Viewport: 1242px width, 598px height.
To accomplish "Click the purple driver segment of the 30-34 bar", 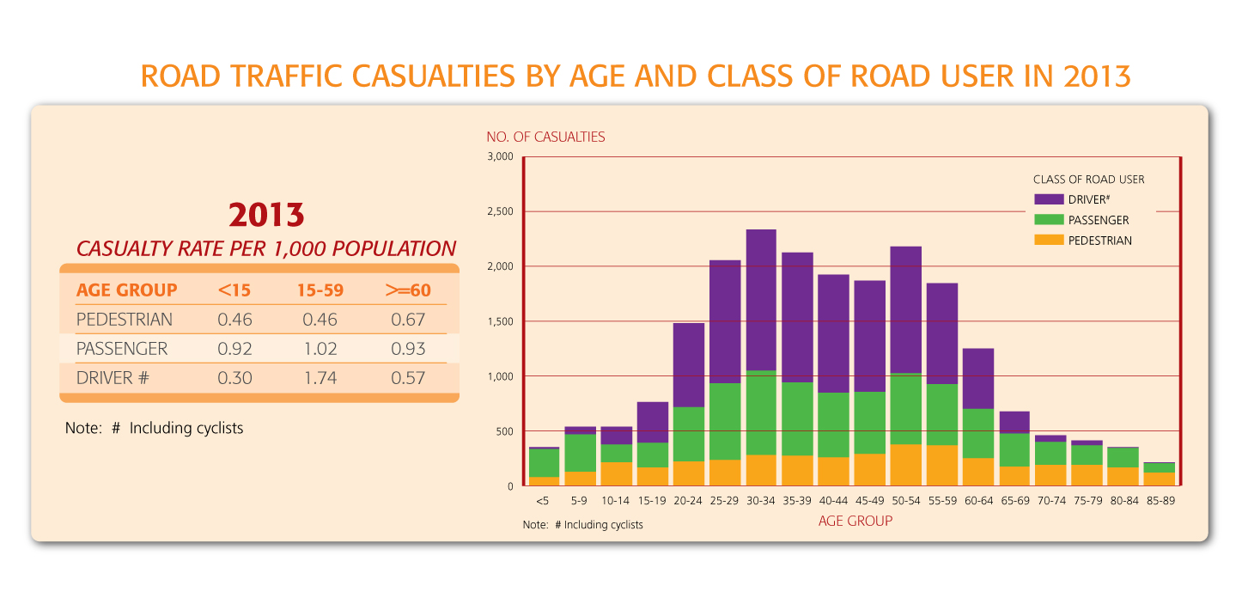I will pyautogui.click(x=761, y=301).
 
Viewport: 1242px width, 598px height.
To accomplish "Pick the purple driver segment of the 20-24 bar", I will pyautogui.click(x=688, y=365).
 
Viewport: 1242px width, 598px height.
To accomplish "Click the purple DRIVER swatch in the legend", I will pyautogui.click(x=1049, y=199).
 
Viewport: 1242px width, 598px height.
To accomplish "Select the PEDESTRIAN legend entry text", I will pyautogui.click(x=1099, y=241).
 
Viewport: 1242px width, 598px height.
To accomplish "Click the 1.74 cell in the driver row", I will pyautogui.click(x=320, y=377).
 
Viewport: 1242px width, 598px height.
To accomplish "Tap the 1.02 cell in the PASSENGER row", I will pyautogui.click(x=320, y=349).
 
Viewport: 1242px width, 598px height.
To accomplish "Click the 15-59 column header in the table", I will pyautogui.click(x=320, y=290).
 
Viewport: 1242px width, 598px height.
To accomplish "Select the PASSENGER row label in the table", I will pyautogui.click(x=121, y=349).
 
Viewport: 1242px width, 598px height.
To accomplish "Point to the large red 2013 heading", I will pyautogui.click(x=265, y=214).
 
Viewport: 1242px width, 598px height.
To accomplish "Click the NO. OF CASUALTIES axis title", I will pyautogui.click(x=545, y=137).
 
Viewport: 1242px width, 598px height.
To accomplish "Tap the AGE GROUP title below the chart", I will pyautogui.click(x=855, y=521).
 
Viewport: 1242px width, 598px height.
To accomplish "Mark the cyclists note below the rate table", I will pyautogui.click(x=155, y=428).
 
